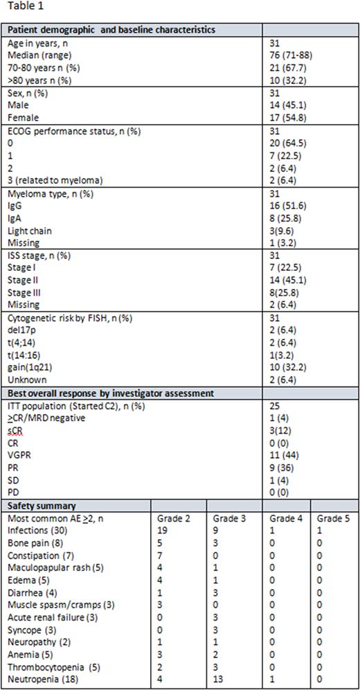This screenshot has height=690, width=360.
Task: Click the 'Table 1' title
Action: coord(21,9)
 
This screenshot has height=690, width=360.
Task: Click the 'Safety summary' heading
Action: coord(39,506)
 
